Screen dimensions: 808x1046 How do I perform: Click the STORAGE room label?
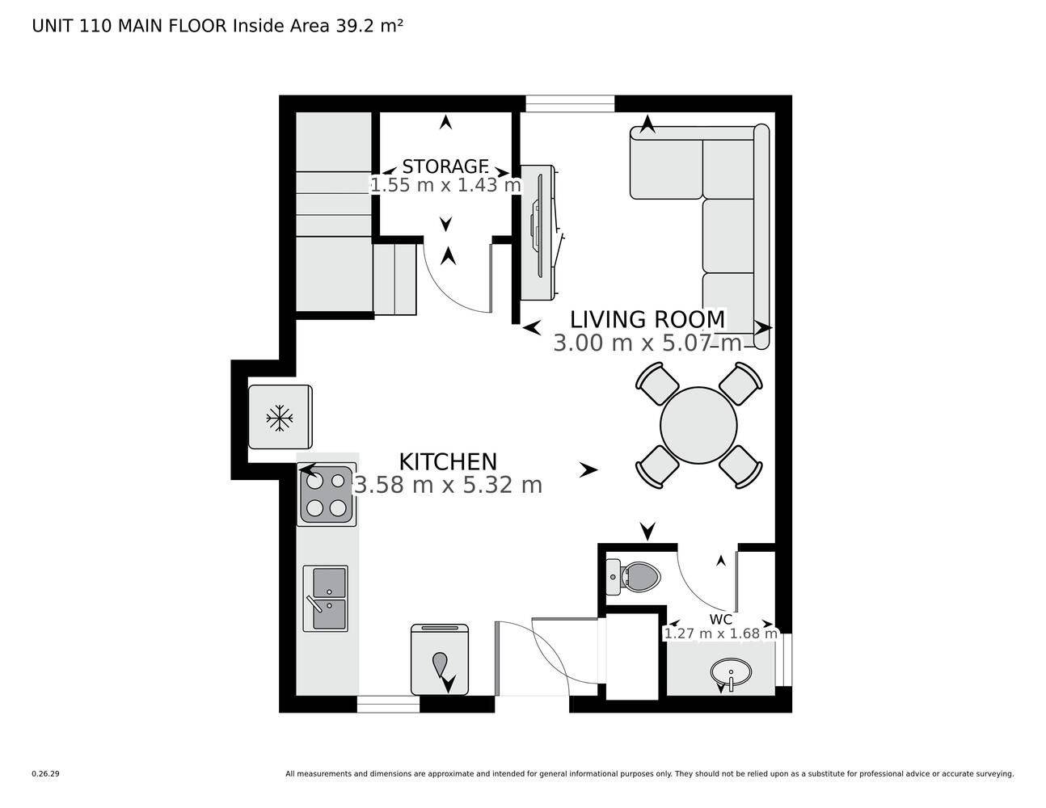pyautogui.click(x=445, y=166)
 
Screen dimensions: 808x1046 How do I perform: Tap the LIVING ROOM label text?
pyautogui.click(x=647, y=319)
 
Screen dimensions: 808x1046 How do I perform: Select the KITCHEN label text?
pyautogui.click(x=448, y=462)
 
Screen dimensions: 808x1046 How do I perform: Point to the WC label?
pyautogui.click(x=720, y=620)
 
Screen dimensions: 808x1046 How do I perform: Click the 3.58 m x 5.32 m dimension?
pyautogui.click(x=448, y=485)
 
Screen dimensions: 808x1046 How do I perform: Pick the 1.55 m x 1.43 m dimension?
pyautogui.click(x=445, y=185)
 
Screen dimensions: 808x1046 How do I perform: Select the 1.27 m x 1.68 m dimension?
pyautogui.click(x=720, y=633)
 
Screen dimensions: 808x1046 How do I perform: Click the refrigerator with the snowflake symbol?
pyautogui.click(x=280, y=418)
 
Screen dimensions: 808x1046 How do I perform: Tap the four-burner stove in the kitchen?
pyautogui.click(x=327, y=494)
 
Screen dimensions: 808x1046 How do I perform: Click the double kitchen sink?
pyautogui.click(x=325, y=598)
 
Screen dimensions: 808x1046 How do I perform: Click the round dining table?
pyautogui.click(x=698, y=425)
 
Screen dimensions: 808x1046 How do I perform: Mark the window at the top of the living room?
pyautogui.click(x=570, y=103)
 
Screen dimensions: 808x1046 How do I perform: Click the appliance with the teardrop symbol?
pyautogui.click(x=440, y=661)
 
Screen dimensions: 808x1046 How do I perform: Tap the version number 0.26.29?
pyautogui.click(x=46, y=773)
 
